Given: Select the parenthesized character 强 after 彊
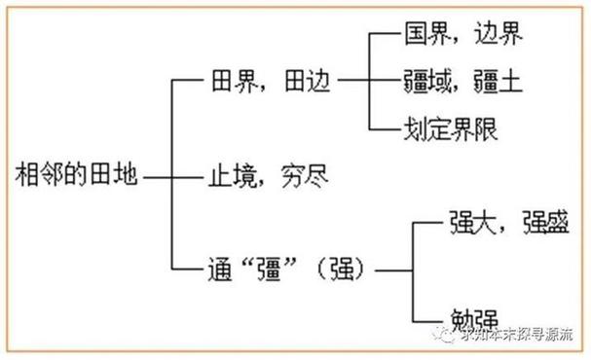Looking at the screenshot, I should (344, 267).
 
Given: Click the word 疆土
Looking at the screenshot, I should (498, 82).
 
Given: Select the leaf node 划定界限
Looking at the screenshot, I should (462, 126).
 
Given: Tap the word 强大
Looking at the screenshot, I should (474, 220).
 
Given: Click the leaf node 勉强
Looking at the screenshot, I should (474, 317).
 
